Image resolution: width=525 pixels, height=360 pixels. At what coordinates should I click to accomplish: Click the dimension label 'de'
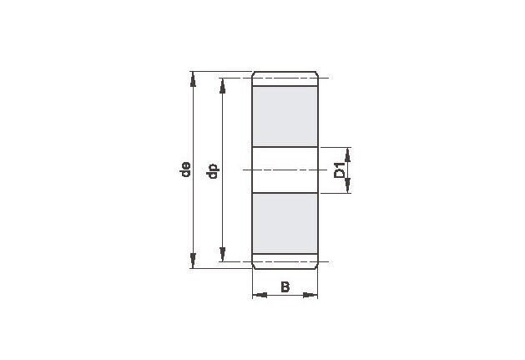pos(185,170)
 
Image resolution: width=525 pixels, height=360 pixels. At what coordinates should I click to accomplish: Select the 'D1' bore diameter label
pos(340,170)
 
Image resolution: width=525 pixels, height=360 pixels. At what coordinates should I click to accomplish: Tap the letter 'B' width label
pos(285,287)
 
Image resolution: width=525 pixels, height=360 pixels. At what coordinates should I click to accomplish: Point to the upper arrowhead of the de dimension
pos(193,79)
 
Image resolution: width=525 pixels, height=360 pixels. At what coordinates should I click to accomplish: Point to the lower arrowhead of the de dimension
pos(193,261)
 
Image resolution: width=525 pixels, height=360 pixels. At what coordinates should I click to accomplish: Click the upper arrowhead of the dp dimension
pos(222,85)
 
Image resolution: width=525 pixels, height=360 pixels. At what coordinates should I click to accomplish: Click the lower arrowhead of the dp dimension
pos(222,254)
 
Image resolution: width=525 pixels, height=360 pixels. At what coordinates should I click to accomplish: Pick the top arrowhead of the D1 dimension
pos(347,155)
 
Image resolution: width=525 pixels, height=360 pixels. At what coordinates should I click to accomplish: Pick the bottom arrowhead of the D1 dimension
pos(347,185)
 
